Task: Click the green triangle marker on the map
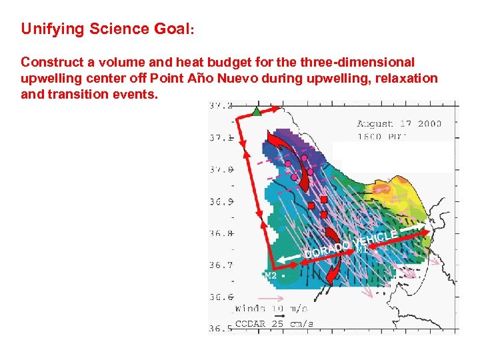pyautogui.click(x=257, y=111)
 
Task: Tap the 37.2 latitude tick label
pyautogui.click(x=221, y=106)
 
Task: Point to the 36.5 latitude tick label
pyautogui.click(x=221, y=329)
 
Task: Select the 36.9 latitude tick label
pyautogui.click(x=221, y=201)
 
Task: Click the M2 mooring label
pyautogui.click(x=270, y=275)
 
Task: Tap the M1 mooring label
pyautogui.click(x=362, y=249)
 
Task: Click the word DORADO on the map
pyautogui.click(x=327, y=250)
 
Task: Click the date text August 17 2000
pyautogui.click(x=399, y=124)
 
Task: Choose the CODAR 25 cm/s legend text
pyautogui.click(x=274, y=324)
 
